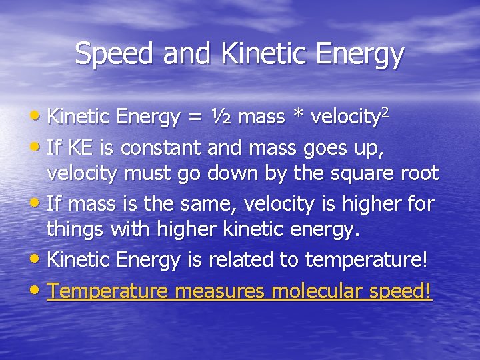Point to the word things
(x=75, y=231)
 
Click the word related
(x=241, y=259)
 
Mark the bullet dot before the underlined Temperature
(x=39, y=289)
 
